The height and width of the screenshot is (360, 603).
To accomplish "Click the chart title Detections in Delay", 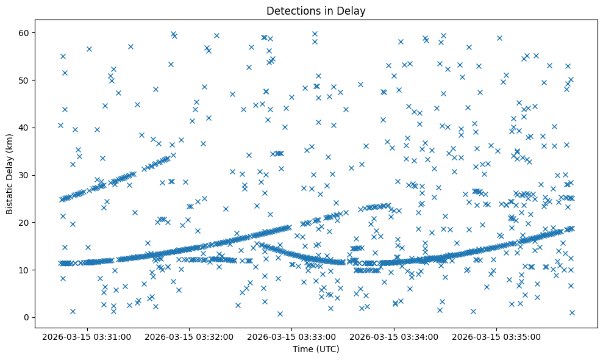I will [316, 10].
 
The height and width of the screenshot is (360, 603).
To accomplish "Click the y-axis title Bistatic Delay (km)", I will [10, 174].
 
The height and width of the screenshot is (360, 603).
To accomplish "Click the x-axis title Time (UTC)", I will [316, 349].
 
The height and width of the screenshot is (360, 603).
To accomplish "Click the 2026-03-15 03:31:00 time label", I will [85, 336].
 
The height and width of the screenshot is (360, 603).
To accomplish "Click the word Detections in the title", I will [291, 10].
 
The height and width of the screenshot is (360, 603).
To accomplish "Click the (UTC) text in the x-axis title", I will [326, 349].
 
